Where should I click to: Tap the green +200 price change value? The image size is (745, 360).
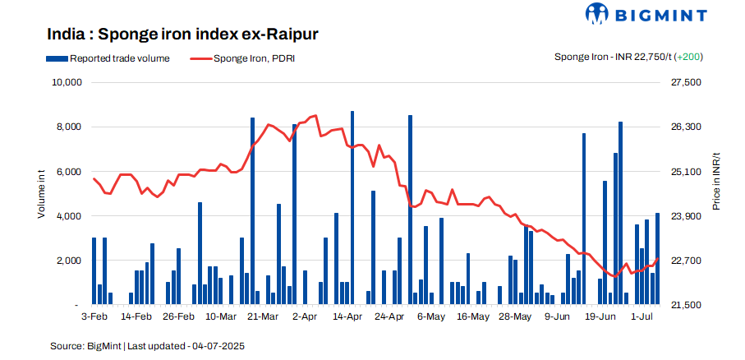click(x=688, y=58)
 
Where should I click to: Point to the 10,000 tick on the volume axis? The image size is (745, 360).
click(x=63, y=83)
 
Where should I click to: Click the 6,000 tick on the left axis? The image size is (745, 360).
click(x=67, y=172)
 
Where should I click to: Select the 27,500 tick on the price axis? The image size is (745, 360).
click(x=686, y=83)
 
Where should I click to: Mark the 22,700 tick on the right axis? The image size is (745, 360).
click(x=686, y=261)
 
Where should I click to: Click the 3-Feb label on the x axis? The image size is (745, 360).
click(x=94, y=316)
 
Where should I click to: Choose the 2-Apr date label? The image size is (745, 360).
click(x=305, y=316)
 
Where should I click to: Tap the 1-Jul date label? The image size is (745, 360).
click(x=642, y=316)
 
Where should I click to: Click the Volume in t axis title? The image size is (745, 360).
click(x=40, y=194)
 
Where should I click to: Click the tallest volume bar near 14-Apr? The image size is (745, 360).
click(x=352, y=205)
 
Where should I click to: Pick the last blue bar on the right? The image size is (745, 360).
click(x=657, y=259)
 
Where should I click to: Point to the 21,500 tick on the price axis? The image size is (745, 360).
click(x=686, y=305)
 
